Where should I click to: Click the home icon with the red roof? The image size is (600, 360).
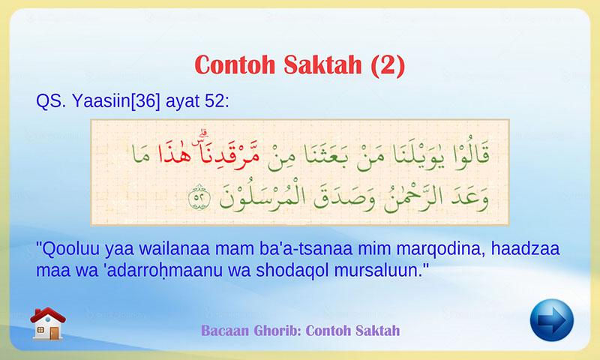pyautogui.click(x=48, y=323)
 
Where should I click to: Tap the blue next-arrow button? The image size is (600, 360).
pyautogui.click(x=552, y=320)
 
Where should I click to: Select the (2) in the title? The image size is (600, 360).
pyautogui.click(x=388, y=65)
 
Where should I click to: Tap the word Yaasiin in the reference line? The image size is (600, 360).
pyautogui.click(x=101, y=101)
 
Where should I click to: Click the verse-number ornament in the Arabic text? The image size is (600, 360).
pyautogui.click(x=199, y=196)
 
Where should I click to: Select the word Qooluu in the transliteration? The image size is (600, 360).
pyautogui.click(x=69, y=249)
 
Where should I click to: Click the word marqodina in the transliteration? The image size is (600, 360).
pyautogui.click(x=441, y=250)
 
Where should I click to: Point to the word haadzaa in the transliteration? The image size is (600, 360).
pyautogui.click(x=526, y=249)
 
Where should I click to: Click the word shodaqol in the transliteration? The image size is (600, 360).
pyautogui.click(x=292, y=271)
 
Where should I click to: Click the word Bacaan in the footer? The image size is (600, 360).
pyautogui.click(x=224, y=330)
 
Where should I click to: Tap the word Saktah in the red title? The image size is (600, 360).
pyautogui.click(x=322, y=64)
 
